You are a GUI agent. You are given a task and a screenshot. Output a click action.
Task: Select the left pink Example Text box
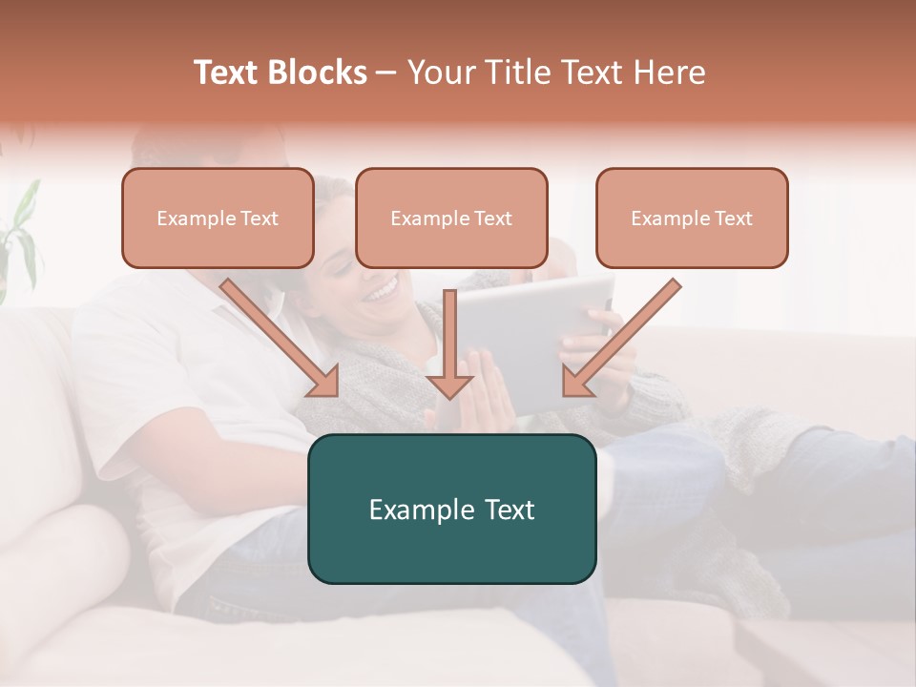pyautogui.click(x=218, y=218)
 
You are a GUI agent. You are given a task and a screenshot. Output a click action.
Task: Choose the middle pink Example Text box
pyautogui.click(x=451, y=218)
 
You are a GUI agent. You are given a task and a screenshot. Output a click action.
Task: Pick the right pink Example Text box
pyautogui.click(x=692, y=218)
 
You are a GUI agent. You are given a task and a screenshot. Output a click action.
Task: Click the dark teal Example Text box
pyautogui.click(x=451, y=509)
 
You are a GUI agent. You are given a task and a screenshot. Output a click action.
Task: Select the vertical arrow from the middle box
pyautogui.click(x=449, y=343)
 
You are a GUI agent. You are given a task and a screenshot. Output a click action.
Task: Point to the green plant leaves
pyautogui.click(x=21, y=229)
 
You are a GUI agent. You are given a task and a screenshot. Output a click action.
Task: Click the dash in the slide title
pyautogui.click(x=386, y=73)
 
